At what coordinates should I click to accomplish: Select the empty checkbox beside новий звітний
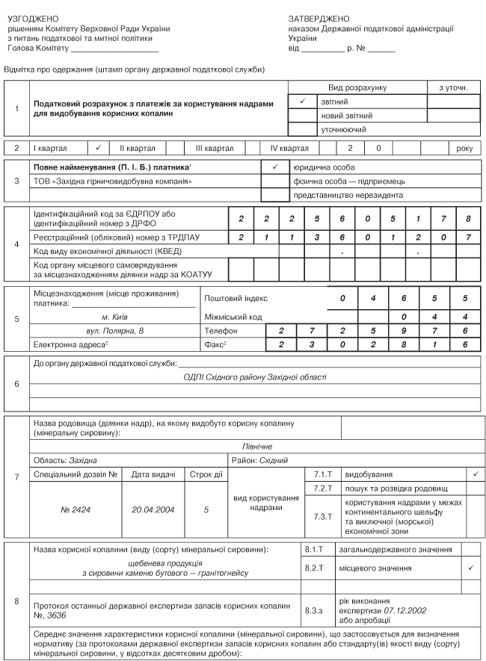(302, 115)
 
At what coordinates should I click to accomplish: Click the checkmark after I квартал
(99, 149)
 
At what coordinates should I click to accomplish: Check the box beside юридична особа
(274, 167)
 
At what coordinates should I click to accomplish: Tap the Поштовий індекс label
(236, 298)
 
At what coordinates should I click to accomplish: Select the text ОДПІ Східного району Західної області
(255, 377)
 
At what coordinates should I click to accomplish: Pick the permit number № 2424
(75, 510)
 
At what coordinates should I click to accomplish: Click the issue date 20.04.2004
(153, 510)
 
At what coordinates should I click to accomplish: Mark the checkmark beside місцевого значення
(471, 568)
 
